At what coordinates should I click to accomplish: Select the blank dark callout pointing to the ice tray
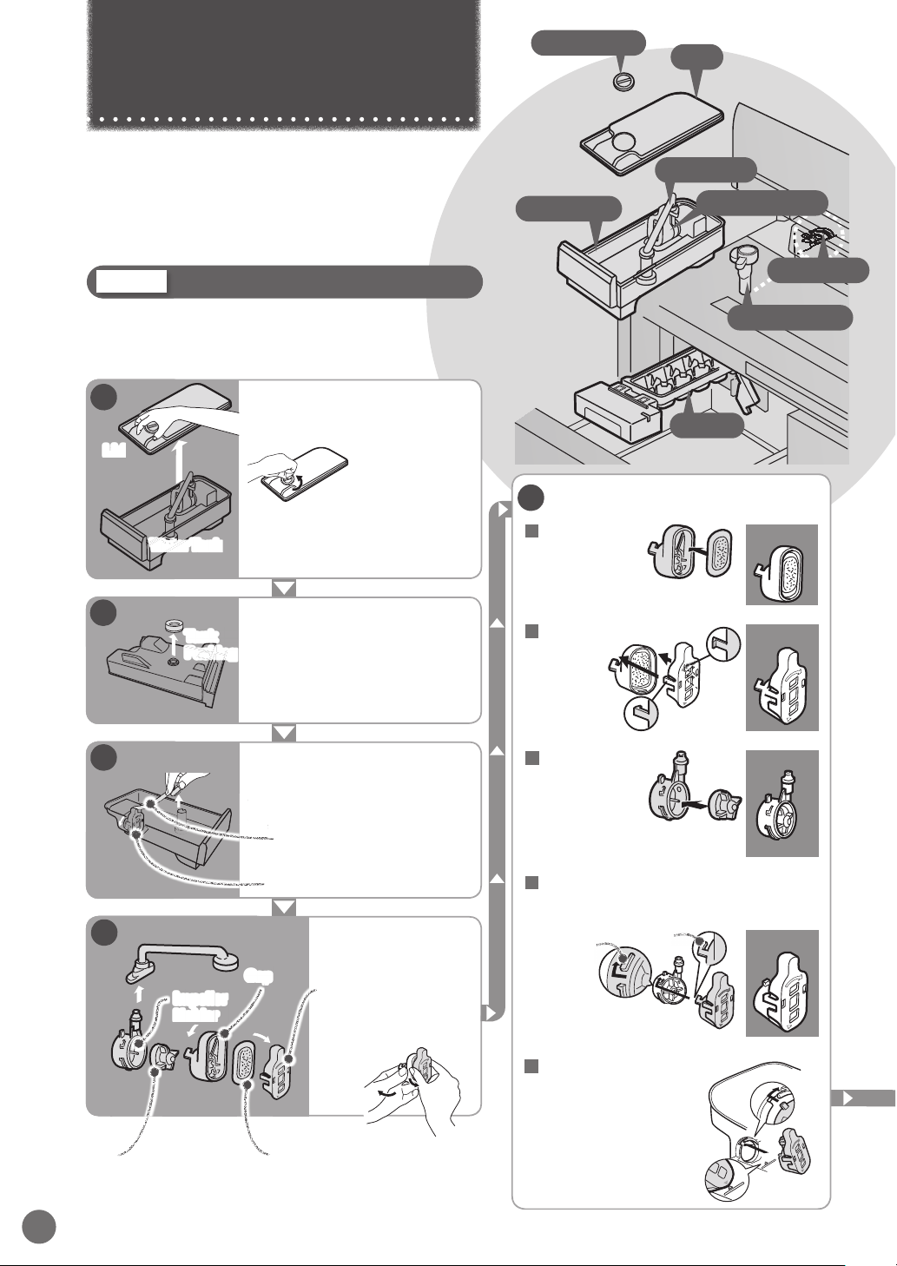[709, 426]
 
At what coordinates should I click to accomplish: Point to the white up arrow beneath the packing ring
[172, 643]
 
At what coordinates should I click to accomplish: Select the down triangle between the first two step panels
[284, 588]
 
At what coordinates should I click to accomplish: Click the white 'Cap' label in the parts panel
[259, 975]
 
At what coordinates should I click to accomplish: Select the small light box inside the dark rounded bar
[132, 281]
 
